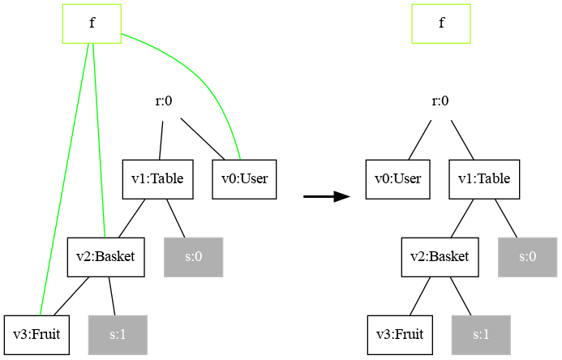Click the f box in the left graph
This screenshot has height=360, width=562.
92,23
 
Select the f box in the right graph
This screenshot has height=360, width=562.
441,23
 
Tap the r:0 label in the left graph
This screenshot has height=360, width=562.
164,101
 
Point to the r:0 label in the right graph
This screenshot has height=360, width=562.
440,101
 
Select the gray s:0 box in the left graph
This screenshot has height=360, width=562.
193,257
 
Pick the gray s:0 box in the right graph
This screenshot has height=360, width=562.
528,257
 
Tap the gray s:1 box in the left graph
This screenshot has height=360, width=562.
118,334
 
